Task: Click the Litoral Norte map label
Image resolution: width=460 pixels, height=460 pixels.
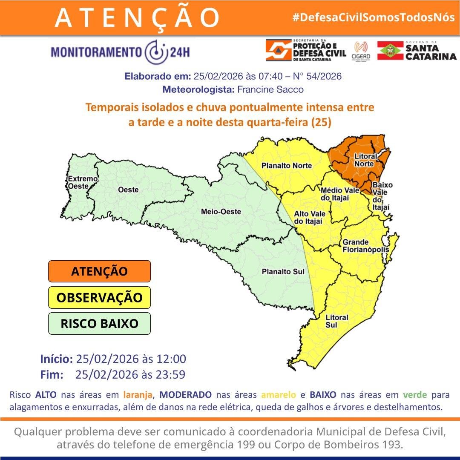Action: coord(365,160)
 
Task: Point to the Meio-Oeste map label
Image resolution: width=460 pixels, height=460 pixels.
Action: coord(221,211)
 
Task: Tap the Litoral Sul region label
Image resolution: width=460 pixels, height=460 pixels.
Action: coord(336,321)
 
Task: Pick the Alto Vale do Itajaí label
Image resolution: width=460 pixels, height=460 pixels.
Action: coord(308,217)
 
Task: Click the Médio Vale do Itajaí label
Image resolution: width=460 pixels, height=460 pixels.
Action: coord(335,194)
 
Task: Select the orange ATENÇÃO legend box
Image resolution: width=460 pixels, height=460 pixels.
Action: coord(99,271)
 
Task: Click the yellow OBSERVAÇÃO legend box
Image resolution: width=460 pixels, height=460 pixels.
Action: coord(99,297)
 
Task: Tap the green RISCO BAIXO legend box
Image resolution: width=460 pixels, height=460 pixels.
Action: coord(99,323)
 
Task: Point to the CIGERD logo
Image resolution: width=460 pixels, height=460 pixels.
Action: coord(361,51)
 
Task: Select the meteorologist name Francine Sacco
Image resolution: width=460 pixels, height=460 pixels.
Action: coord(270,90)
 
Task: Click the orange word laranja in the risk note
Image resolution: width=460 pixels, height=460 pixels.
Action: coord(138,394)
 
